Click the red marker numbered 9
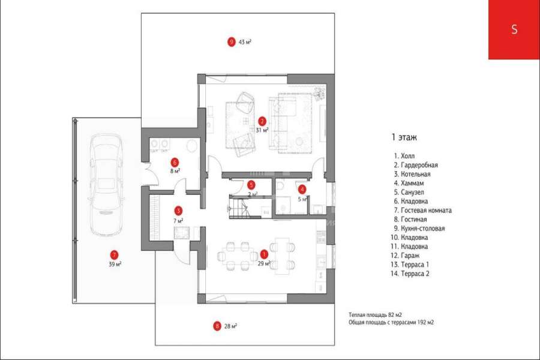coord(232,41)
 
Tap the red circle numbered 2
coord(262,121)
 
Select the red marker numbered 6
coord(175,162)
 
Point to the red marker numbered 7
coord(114,255)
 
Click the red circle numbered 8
coord(217,326)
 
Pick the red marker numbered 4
coord(302,189)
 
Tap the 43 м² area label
coord(245,42)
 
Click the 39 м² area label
coord(115,264)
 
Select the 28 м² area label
coord(230,326)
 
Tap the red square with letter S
coord(514,29)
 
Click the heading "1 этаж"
coord(404,137)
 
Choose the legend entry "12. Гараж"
coord(405,256)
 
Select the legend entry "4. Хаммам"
coord(409,183)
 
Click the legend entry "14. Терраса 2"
coord(410,274)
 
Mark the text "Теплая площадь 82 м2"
coord(375,315)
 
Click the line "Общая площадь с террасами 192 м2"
coord(391,322)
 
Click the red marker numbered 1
coord(264,254)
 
